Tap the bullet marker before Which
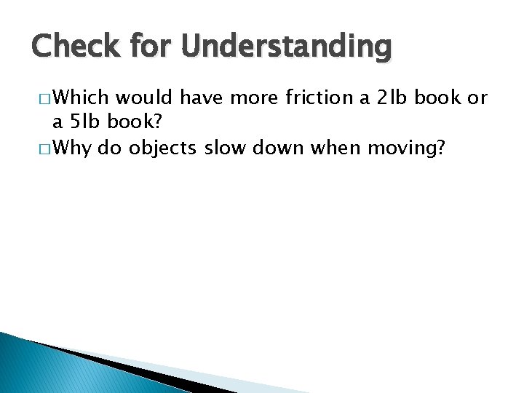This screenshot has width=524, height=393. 42,99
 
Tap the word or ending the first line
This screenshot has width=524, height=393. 478,98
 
